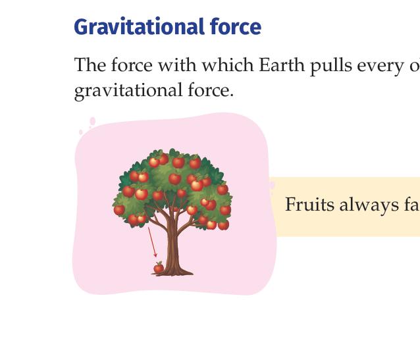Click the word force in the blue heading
coord(236,26)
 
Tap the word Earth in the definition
coord(282,64)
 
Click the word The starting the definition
coord(90,64)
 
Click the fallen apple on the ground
coord(159,268)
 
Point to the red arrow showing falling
coord(153,242)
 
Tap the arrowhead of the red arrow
coord(155,255)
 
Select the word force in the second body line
coord(210,90)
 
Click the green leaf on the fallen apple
coord(160,263)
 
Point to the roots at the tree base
coord(172,272)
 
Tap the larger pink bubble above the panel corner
coord(93,121)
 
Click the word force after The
coord(132,64)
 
